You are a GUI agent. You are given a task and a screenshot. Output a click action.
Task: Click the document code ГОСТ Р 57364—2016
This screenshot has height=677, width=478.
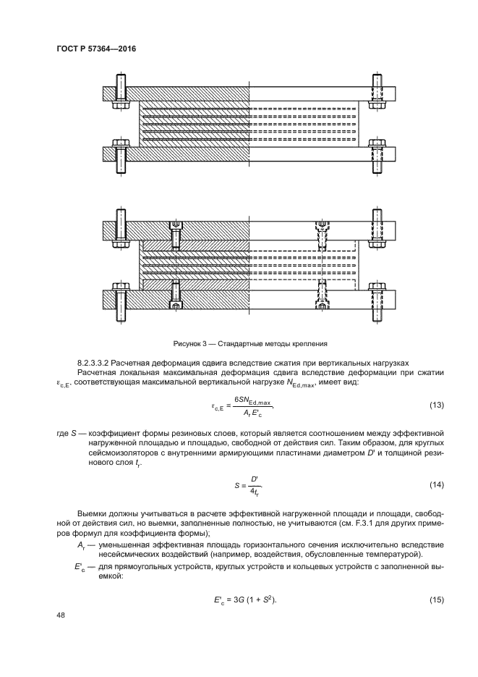point(96,49)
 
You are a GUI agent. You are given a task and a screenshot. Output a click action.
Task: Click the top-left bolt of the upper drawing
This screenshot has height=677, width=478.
point(119,91)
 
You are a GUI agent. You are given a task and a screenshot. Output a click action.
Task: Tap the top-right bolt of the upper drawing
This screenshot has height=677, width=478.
point(377,91)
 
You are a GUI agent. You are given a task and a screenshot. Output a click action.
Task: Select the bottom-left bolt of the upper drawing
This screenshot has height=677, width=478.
point(119,155)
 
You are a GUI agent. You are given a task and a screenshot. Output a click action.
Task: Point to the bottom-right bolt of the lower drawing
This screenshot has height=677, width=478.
point(377,298)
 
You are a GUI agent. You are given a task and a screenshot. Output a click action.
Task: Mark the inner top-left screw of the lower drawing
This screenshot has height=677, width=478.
point(176,235)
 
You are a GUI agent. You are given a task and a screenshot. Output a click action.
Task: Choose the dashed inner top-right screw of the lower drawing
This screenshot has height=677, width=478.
point(323,235)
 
